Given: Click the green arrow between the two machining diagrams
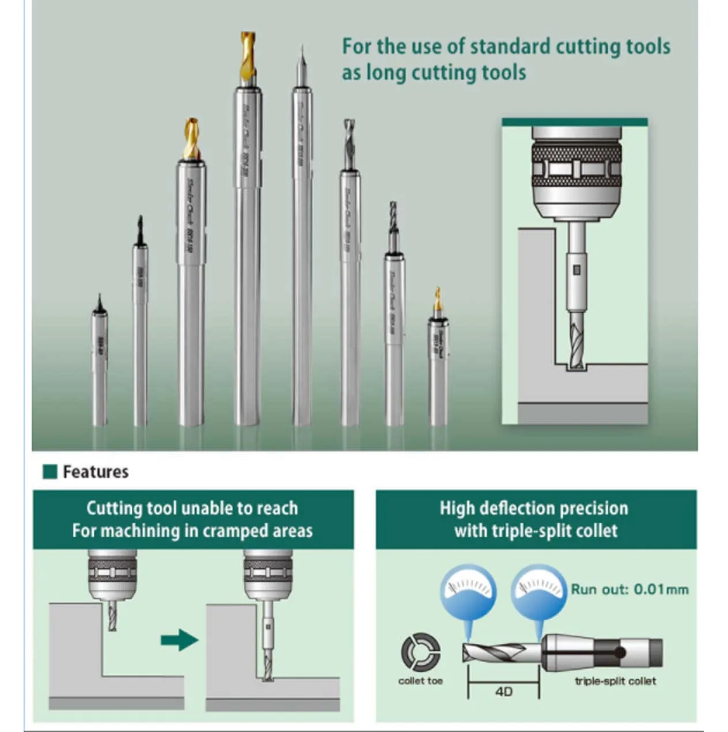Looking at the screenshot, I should (180, 639).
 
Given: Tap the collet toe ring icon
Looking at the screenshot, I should (420, 653).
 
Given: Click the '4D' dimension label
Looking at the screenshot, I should (503, 691).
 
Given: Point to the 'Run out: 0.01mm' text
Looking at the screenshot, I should (630, 589).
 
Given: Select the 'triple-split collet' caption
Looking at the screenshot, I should (615, 681).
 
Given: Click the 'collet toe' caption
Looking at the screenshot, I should (420, 681).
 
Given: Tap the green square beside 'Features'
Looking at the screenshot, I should (50, 472).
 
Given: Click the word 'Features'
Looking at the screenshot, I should (96, 472).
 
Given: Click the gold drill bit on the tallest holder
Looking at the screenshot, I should (248, 56).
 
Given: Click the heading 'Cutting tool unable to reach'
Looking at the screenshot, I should (192, 508).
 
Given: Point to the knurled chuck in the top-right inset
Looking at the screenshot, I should (576, 167).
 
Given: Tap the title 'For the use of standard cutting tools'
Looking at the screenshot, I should (506, 47).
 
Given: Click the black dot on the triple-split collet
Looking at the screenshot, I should (620, 653).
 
